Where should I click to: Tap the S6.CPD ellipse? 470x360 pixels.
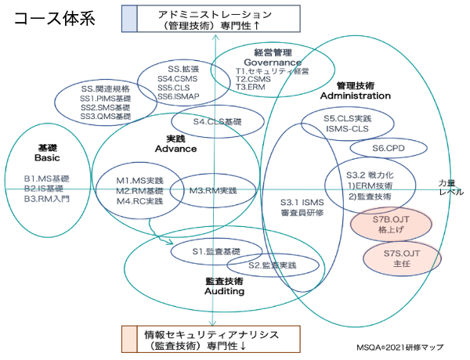pyautogui.click(x=389, y=147)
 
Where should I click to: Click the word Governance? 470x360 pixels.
pyautogui.click(x=272, y=61)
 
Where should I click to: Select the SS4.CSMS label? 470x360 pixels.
pyautogui.click(x=177, y=78)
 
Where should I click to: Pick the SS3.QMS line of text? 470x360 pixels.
pyautogui.click(x=105, y=115)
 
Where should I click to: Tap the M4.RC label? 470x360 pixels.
pyautogui.click(x=128, y=200)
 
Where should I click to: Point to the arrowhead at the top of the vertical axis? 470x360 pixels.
pyautogui.click(x=213, y=34)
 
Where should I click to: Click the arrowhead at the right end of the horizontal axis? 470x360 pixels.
pyautogui.click(x=456, y=189)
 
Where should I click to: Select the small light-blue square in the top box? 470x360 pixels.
pyautogui.click(x=128, y=18)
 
